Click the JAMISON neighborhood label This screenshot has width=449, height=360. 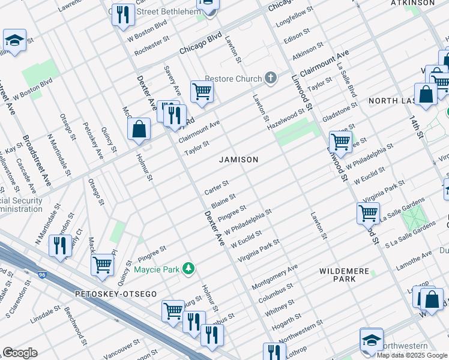point(239,160)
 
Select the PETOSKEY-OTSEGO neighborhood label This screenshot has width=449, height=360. point(116,294)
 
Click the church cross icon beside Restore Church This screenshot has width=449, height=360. point(271,79)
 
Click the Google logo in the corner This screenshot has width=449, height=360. point(19,353)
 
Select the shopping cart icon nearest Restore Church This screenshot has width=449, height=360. point(202,92)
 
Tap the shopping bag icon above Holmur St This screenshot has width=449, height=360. point(139,129)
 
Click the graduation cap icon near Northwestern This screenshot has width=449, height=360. point(372,339)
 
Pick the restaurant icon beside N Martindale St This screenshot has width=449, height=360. point(59,246)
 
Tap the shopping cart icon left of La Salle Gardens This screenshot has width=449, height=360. point(368,213)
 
